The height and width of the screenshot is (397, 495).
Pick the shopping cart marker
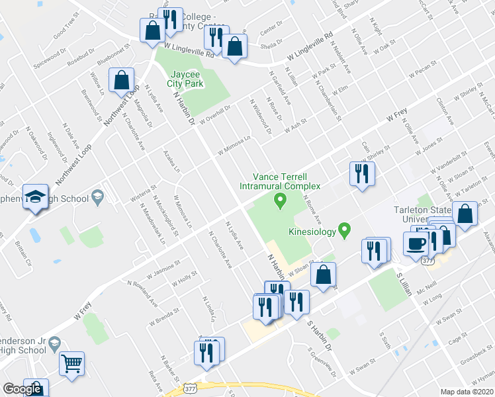pyautogui.click(x=71, y=362)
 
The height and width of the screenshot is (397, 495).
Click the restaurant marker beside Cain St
pyautogui.click(x=361, y=173)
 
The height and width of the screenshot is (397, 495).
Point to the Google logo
pyautogui.click(x=22, y=390)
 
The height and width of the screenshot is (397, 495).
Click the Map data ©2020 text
pyautogui.click(x=467, y=392)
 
